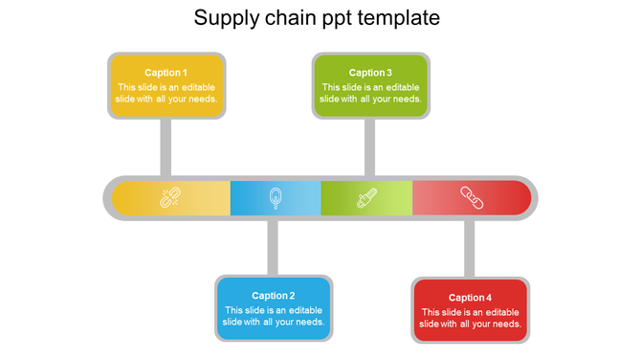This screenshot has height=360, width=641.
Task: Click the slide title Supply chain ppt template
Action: tap(317, 18)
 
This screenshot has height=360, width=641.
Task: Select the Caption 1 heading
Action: tap(166, 73)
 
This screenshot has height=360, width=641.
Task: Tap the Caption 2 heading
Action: tap(274, 296)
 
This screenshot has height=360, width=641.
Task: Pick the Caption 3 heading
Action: tap(370, 73)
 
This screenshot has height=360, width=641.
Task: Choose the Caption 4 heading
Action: tap(470, 298)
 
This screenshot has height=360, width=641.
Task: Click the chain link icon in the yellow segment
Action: tap(170, 198)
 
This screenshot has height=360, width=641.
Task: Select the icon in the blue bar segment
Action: tap(276, 198)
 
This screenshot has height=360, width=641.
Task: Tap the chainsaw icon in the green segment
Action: tap(366, 198)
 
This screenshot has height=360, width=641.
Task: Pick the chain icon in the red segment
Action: tap(472, 198)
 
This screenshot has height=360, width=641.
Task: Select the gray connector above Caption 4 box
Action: tap(470, 248)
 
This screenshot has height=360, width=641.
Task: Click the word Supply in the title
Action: tap(221, 18)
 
